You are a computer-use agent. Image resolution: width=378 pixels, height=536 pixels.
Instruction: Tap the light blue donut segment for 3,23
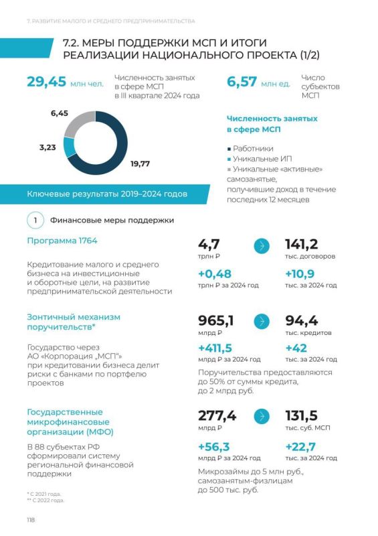pos(70,147)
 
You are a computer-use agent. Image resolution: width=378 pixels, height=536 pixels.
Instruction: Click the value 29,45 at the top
pos(46,82)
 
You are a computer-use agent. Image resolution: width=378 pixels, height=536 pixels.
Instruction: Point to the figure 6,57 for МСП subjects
pos(242,82)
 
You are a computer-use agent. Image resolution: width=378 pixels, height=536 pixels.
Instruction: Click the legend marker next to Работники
pos(229,149)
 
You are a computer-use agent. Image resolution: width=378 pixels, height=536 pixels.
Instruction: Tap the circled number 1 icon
pos(35,220)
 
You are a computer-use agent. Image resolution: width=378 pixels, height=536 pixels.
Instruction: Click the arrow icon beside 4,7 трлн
pos(262,246)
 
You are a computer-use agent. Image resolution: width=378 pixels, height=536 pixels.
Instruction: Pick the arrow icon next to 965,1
pos(262,322)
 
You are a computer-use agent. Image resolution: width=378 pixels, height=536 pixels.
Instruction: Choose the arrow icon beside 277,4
pos(262,416)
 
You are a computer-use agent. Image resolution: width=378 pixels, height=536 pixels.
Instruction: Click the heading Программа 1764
pos(62,241)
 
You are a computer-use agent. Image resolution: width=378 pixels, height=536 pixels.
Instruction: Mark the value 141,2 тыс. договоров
pos(302,245)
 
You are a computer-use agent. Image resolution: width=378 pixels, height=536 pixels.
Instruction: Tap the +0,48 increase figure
pos(215,274)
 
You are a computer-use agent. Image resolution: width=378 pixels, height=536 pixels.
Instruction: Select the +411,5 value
pos(215,348)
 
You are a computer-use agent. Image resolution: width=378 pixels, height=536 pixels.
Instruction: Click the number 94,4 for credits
pos(302,321)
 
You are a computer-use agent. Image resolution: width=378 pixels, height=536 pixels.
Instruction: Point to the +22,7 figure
pos(300,447)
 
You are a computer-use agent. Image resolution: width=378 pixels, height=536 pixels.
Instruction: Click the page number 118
pos(31,520)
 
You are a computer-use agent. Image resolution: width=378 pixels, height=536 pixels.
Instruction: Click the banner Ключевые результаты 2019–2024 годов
pos(107,194)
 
